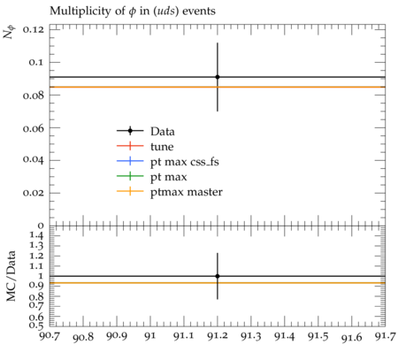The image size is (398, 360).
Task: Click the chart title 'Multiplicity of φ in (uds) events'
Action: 133,11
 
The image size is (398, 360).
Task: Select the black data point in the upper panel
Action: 218,77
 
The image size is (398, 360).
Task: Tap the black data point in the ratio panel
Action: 218,276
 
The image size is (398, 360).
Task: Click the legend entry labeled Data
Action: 163,131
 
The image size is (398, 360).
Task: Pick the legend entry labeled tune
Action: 162,147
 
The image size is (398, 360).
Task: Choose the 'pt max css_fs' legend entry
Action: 185,162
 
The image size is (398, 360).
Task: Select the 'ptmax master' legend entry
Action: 187,192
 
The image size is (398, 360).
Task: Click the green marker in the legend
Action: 130,176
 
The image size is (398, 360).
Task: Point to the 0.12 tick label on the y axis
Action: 34,30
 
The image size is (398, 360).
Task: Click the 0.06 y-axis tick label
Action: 34,128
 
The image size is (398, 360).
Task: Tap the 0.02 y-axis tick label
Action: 34,193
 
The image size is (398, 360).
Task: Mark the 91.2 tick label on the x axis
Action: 218,336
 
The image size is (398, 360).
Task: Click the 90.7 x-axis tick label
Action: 50,336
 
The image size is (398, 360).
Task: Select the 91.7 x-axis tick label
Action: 386,336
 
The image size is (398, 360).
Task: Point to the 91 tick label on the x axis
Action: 150,336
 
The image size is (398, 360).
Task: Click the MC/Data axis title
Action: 11,276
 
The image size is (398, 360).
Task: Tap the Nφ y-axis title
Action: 9,33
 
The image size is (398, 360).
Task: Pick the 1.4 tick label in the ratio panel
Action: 36,235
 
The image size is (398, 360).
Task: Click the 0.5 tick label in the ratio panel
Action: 36,326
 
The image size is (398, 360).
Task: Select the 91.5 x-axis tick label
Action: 318,336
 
